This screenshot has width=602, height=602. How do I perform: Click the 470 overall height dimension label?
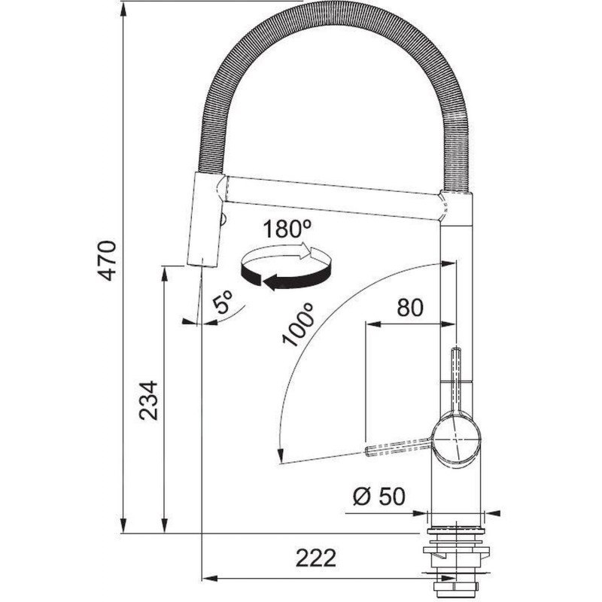[106, 260]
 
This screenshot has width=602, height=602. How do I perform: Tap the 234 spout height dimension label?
[148, 400]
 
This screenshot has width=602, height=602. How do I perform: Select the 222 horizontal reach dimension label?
[315, 558]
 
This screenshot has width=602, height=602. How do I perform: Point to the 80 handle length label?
[410, 308]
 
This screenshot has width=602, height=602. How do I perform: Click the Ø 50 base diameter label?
[379, 496]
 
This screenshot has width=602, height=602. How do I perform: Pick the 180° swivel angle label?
[287, 229]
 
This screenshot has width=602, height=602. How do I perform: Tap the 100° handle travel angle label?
[299, 325]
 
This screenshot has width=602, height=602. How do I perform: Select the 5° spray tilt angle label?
[223, 303]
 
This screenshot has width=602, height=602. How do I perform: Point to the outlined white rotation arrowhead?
[311, 252]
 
